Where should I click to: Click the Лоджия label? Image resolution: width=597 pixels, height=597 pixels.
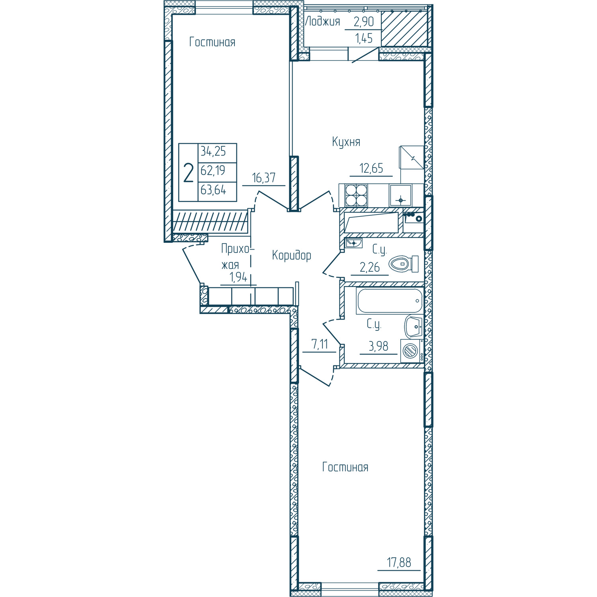[x=322, y=21]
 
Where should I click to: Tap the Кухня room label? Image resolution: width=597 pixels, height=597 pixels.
[x=346, y=142]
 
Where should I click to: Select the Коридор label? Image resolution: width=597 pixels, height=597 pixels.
[x=291, y=255]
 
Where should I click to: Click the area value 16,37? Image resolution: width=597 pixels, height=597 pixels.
[x=264, y=178]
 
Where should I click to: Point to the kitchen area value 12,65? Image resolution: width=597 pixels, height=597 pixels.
[x=371, y=168]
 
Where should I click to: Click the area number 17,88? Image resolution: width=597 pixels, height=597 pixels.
[x=399, y=562]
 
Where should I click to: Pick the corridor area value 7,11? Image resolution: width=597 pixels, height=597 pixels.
[x=320, y=344]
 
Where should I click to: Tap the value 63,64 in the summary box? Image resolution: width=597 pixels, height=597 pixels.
[x=213, y=190]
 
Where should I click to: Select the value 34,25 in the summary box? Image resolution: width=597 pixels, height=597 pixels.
[x=213, y=151]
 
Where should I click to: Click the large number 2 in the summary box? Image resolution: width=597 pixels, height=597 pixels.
[x=188, y=173]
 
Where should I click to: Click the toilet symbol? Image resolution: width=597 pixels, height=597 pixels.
[x=404, y=264]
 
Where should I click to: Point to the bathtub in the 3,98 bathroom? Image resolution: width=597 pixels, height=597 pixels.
[x=390, y=300]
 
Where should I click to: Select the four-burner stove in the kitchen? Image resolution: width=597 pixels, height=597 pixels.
[x=356, y=195]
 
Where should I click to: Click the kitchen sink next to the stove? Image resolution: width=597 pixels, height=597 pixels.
[x=400, y=195]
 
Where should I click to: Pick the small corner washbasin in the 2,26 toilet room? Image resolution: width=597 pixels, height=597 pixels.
[x=353, y=243]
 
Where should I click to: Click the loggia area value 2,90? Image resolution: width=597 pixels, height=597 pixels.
[x=364, y=21]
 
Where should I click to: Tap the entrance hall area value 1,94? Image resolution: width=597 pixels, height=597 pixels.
[x=238, y=277]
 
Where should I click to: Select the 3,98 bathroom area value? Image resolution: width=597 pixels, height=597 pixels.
[x=378, y=346]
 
